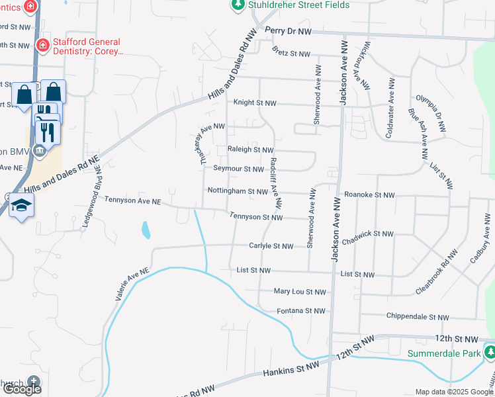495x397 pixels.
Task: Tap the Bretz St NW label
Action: point(291,54)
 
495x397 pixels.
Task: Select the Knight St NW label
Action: point(255,103)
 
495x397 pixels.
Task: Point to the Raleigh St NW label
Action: point(250,150)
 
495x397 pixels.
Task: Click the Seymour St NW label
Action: point(238,169)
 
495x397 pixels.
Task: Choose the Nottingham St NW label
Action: point(237,191)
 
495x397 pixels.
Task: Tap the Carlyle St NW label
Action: point(271,246)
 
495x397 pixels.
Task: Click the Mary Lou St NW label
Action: point(300,291)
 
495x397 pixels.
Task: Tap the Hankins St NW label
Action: point(292,370)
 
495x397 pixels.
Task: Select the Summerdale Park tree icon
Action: point(489,353)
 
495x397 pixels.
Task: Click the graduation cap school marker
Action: point(21,205)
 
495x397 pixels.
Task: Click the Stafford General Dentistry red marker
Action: point(42,45)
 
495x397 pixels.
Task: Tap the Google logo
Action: point(22,389)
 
